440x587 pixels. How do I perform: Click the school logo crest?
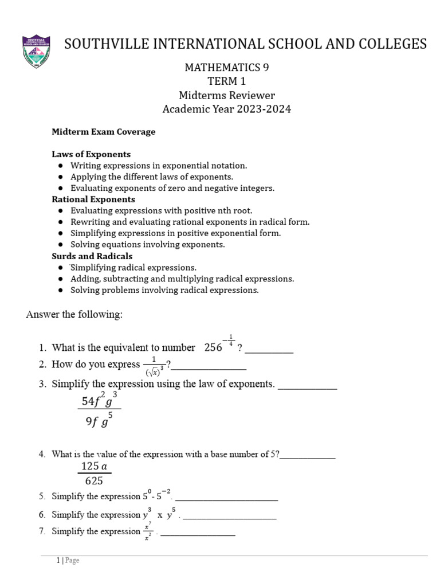point(36,52)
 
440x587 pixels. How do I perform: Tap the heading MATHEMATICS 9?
point(227,67)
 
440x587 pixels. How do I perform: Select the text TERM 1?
point(227,81)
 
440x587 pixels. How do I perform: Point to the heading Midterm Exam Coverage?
point(104,132)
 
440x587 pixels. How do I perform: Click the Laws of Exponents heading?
point(91,154)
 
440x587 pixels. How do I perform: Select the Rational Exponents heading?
point(93,199)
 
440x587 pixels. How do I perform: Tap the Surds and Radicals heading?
point(92,256)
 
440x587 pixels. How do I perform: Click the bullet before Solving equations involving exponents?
point(61,245)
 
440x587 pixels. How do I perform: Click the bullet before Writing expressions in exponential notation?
point(61,166)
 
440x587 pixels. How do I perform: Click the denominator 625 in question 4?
point(94,481)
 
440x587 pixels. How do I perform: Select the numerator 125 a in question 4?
point(95,466)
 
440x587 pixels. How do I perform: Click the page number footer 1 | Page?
point(68,561)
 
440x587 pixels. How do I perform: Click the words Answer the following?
point(74,315)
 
